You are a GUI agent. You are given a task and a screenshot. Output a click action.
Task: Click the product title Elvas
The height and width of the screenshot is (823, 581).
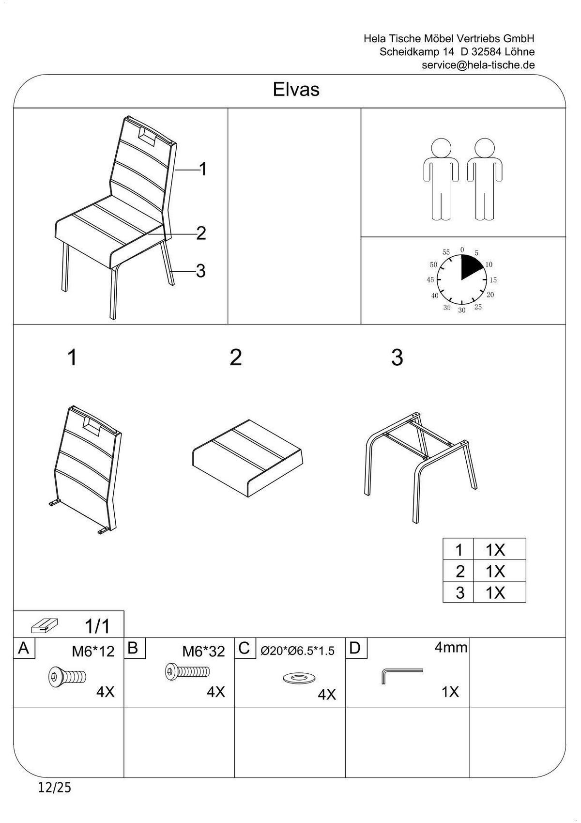(296, 89)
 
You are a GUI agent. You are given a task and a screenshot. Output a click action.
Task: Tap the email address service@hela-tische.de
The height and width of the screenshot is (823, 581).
(478, 65)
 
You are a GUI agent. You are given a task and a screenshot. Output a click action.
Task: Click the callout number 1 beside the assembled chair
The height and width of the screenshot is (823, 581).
(203, 169)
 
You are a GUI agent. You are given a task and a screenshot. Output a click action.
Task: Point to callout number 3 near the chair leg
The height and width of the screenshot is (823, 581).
(200, 271)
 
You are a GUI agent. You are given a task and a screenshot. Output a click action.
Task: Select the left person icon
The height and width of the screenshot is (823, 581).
(441, 179)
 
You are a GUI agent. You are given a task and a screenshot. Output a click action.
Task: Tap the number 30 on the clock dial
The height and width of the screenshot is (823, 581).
(461, 310)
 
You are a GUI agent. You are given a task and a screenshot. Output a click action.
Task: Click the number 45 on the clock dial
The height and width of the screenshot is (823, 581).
(430, 280)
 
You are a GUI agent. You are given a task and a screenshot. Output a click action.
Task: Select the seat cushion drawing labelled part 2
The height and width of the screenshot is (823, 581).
(247, 457)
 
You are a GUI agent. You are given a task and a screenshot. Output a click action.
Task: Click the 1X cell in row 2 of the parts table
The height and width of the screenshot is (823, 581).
(495, 571)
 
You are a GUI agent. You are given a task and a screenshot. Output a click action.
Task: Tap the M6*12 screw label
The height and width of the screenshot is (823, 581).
(93, 652)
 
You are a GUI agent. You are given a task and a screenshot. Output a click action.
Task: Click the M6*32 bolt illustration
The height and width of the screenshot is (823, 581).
(187, 671)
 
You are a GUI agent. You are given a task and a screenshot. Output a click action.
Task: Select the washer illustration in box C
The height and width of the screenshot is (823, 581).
(300, 678)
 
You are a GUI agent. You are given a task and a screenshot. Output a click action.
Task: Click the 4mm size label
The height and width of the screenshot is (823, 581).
(451, 647)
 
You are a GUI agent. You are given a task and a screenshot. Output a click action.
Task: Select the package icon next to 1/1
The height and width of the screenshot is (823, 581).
(45, 626)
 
